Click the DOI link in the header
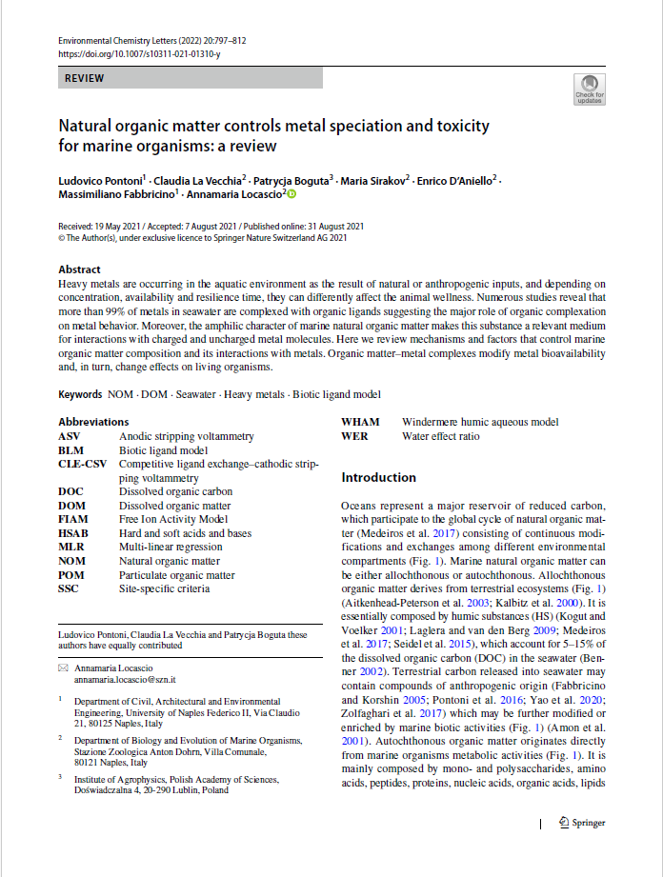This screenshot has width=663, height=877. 139,54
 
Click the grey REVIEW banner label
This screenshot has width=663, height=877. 85,79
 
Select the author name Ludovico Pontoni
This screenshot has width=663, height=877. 100,180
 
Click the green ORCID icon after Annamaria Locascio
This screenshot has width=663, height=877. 291,193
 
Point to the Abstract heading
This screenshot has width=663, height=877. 79,269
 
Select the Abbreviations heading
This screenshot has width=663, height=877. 93,422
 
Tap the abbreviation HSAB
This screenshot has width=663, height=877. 73,533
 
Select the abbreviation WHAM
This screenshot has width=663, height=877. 360,422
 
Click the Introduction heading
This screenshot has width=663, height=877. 378,477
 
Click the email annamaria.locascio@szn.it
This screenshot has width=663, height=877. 125,681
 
